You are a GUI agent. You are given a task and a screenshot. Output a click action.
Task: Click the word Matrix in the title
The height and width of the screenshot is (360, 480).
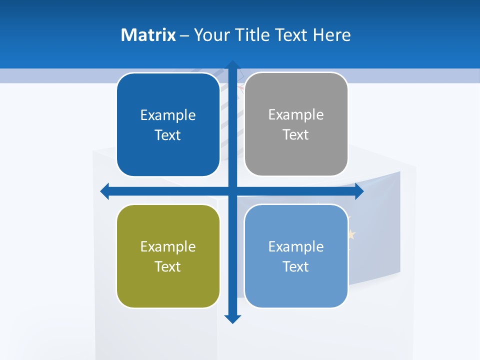(148, 35)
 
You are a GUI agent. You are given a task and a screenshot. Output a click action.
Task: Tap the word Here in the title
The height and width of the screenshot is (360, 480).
(332, 35)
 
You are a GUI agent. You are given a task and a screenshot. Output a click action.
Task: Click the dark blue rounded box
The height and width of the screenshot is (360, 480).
(168, 125)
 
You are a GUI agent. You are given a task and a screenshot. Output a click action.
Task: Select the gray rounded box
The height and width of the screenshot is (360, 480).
(296, 124)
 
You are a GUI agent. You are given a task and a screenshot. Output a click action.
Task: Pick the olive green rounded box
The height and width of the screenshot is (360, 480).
(168, 256)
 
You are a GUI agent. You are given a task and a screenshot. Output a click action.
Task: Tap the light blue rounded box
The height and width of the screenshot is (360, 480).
(296, 256)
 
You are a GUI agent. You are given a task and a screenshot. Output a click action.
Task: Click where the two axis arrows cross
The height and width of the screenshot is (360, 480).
(232, 191)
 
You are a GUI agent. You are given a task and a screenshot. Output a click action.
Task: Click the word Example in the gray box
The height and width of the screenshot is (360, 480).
(296, 115)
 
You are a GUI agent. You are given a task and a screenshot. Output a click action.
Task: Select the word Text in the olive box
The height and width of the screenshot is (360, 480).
(167, 266)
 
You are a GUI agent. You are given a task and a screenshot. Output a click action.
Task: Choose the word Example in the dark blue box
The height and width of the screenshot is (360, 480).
(168, 115)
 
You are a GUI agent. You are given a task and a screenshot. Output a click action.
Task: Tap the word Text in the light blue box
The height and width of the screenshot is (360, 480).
(295, 266)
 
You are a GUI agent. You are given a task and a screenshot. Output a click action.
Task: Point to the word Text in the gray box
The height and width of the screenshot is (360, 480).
(295, 135)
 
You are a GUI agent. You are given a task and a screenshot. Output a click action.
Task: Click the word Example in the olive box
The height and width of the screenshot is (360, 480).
(168, 246)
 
